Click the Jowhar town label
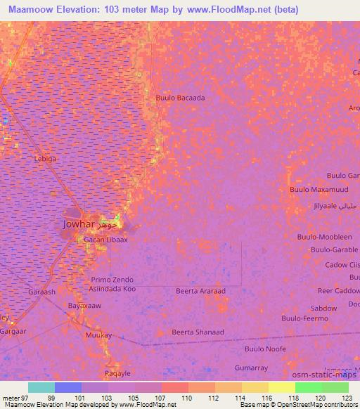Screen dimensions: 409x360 click(72, 225)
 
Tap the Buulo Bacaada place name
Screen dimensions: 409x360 click(181, 98)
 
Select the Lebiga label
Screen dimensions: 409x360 click(45, 159)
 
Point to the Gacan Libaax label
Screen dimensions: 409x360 click(105, 240)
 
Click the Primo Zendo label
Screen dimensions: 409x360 click(112, 280)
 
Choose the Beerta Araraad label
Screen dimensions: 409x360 click(200, 290)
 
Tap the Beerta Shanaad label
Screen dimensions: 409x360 click(198, 332)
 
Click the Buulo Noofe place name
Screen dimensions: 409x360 click(265, 349)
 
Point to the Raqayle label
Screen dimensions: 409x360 click(117, 373)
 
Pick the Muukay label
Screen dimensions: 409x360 click(98, 336)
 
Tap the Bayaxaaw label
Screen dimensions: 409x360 click(84, 306)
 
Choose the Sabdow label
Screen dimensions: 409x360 click(323, 308)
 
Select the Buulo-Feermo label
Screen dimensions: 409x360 click(304, 318)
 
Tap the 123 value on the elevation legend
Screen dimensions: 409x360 click(348, 398)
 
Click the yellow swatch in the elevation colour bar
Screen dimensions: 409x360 click(282, 387)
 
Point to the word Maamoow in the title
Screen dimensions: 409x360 click(32, 10)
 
